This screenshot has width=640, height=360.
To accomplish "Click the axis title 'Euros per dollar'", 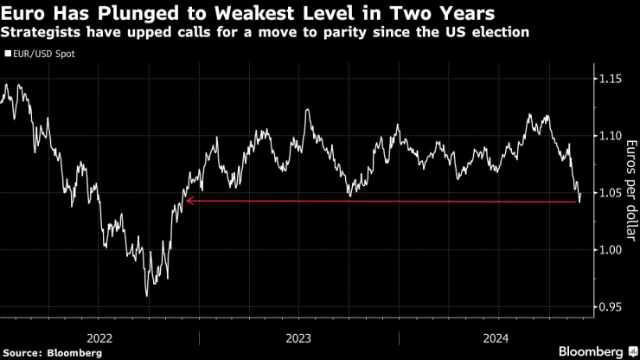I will click(630, 192).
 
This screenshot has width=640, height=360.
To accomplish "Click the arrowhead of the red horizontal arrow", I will click(188, 202).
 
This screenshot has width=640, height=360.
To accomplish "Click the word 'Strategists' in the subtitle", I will click(41, 33).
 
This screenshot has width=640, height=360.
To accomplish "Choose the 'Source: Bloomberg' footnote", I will click(52, 352).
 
